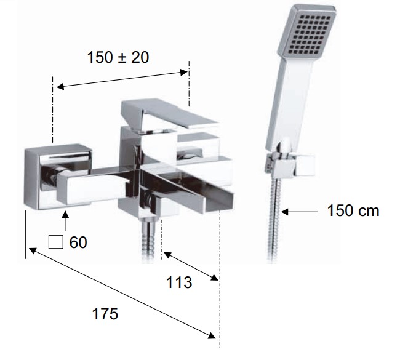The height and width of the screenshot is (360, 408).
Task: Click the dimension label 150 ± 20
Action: pos(118,57)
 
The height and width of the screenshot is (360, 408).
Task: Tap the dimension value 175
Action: pos(105,314)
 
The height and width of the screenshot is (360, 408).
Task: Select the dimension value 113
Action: pos(179,282)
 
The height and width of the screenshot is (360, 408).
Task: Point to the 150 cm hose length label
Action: pos(353,210)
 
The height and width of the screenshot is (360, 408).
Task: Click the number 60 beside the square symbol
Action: pos(78,242)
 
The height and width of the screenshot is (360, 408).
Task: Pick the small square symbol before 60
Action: pos(55,242)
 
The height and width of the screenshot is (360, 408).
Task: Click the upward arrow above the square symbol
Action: pos(65,221)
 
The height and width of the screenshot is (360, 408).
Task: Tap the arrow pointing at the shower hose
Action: pos(299,212)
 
